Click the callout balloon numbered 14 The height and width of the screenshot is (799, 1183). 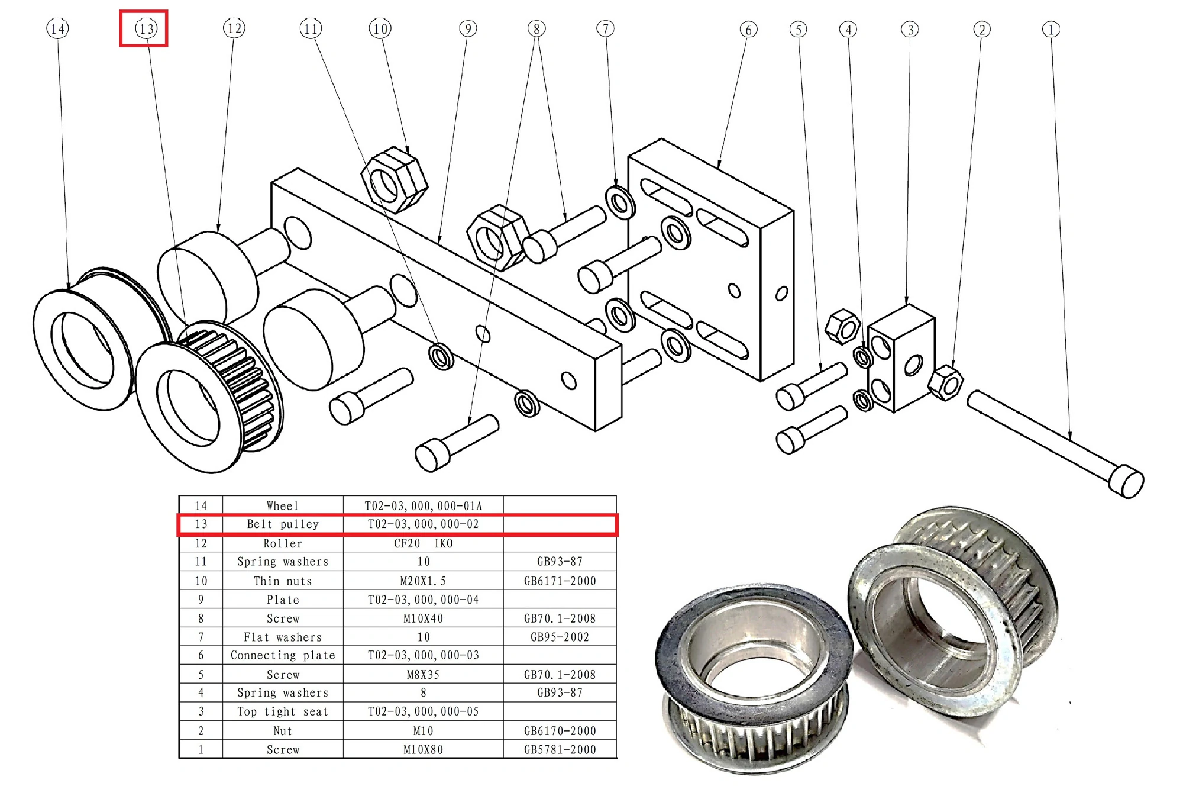pos(57,28)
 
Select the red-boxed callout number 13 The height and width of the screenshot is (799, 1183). pos(146,28)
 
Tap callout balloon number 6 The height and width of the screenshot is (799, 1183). pos(748,30)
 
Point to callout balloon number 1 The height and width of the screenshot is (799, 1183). pos(1051,30)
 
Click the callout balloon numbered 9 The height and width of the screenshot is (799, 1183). pos(467,28)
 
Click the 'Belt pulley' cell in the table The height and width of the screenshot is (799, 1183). pos(283,524)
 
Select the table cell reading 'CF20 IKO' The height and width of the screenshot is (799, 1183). pos(423,543)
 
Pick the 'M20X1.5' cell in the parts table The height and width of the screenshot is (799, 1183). pos(423,581)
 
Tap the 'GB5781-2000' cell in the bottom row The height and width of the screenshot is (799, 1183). pos(560,749)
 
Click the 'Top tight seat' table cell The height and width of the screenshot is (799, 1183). pos(283,711)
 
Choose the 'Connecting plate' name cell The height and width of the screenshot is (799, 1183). pos(283,655)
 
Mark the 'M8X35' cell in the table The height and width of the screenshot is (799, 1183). pos(423,675)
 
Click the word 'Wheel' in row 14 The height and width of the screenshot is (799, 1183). pos(283,506)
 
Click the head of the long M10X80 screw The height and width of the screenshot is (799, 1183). pos(1126,482)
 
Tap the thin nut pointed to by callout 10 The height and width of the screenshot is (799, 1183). pos(394,180)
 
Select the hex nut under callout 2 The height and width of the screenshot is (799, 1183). pos(945,383)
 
